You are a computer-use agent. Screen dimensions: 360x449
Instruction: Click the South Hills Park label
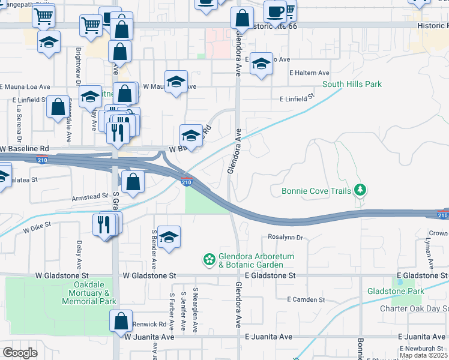pos(352,85)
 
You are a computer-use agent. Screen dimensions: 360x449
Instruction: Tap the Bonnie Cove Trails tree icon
pos(360,191)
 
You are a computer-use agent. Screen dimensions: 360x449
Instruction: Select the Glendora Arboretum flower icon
pos(209,259)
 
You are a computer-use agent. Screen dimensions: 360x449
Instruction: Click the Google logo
pos(20,352)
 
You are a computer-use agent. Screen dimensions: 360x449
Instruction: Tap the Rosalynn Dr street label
pos(286,238)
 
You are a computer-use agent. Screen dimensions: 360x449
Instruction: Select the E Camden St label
pos(306,299)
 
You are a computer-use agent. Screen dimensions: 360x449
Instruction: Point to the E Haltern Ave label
pos(309,73)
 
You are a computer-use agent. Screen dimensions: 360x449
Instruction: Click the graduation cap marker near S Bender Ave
pos(169,236)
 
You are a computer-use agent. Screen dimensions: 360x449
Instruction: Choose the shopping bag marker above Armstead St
pos(133,179)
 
